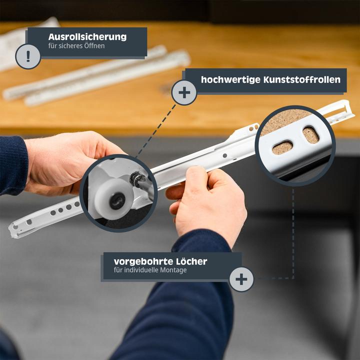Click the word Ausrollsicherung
87,37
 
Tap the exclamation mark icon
28,56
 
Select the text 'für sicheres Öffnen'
76,47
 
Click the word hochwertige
230,79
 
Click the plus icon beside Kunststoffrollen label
184,92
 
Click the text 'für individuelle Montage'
150,270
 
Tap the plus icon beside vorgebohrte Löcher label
241,279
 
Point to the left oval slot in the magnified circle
282,147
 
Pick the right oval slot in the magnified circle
310,134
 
